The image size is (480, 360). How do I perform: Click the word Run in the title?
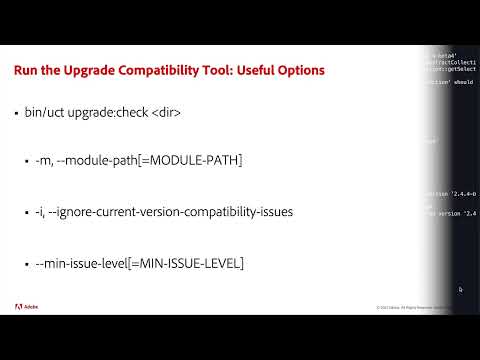click(25, 72)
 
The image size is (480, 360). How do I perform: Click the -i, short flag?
click(44, 213)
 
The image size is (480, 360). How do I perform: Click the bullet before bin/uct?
click(17, 117)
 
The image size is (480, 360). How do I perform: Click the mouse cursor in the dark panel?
click(460, 290)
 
